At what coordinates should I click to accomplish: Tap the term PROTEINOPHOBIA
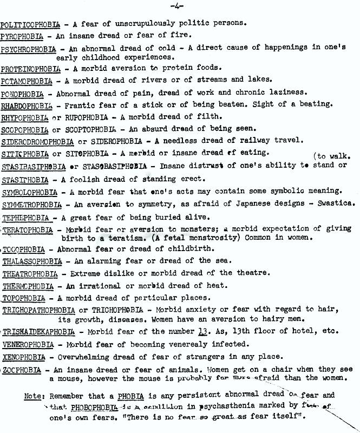pyautogui.click(x=30, y=68)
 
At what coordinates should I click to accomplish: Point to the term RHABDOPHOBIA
pyautogui.click(x=27, y=105)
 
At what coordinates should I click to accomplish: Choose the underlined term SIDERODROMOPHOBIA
pyautogui.click(x=37, y=141)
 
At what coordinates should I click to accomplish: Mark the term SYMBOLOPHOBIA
pyautogui.click(x=30, y=192)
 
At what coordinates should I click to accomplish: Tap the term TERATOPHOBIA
pyautogui.click(x=29, y=229)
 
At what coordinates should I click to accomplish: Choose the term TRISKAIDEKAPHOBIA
pyautogui.click(x=38, y=331)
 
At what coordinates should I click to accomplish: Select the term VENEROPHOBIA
pyautogui.click(x=27, y=344)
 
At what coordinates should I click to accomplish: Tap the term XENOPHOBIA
pyautogui.click(x=24, y=357)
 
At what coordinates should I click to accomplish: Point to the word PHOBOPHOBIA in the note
pyautogui.click(x=95, y=406)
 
